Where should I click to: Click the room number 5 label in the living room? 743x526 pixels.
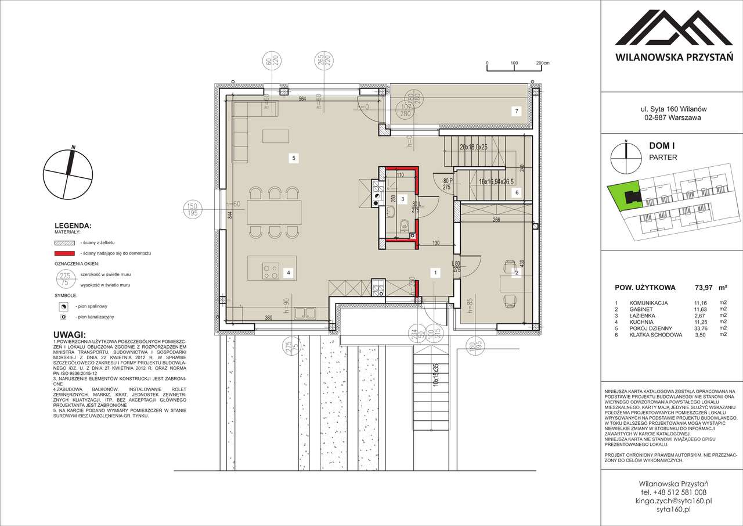[294, 158]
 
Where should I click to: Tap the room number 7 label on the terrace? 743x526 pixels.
[513, 111]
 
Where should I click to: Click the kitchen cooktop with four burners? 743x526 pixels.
[270, 269]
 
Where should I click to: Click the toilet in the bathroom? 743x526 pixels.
[405, 226]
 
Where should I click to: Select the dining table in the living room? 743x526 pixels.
[275, 212]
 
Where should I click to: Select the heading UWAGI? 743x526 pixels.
[69, 335]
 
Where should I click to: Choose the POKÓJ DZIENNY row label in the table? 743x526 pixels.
[654, 328]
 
